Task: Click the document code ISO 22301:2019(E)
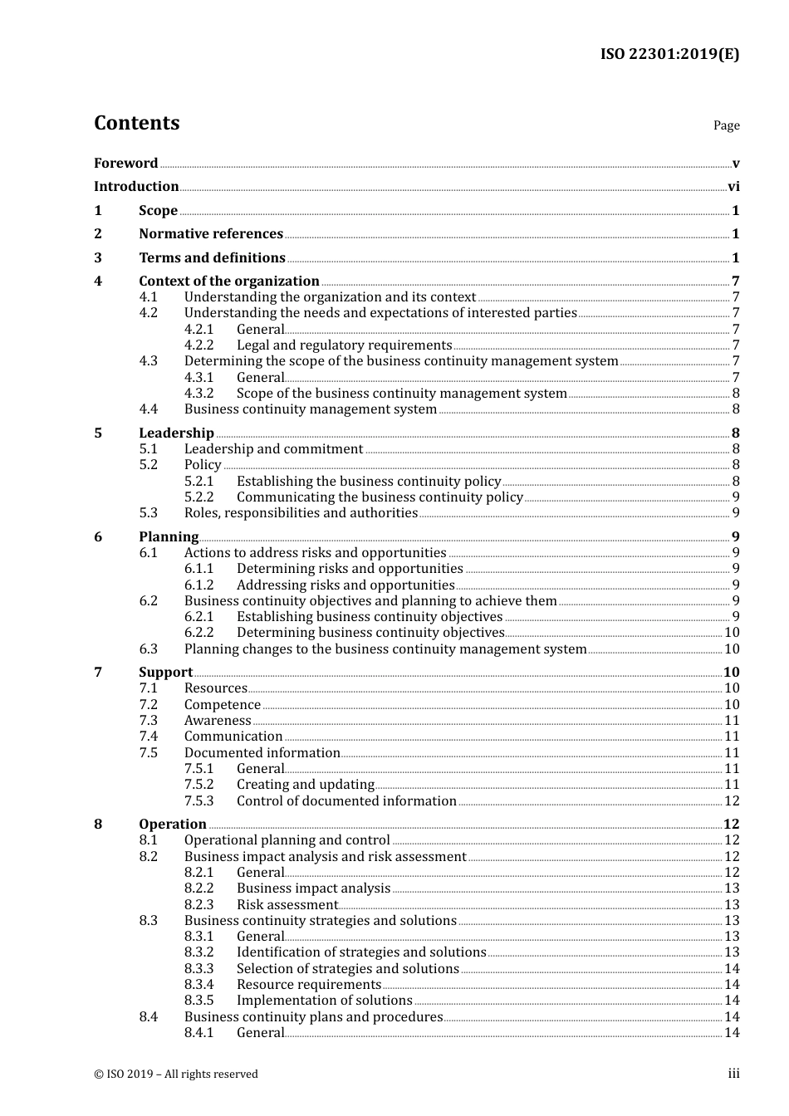pos(669,54)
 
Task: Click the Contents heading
pos(136,123)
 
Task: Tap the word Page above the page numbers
pos(726,125)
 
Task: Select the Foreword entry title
pos(125,163)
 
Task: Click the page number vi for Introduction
pos(733,187)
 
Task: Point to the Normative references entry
pos(211,234)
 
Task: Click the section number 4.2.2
pos(198,345)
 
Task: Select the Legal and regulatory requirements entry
pos(344,345)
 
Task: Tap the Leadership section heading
pos(176,433)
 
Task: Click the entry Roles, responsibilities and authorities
pos(301,513)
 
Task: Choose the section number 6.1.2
pos(198,585)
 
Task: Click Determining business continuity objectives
pos(370,633)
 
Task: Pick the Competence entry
pos(223,705)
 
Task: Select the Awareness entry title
pos(218,721)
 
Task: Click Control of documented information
pos(346,801)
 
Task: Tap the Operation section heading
pos(173,824)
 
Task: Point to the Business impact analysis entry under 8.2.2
pos(313,888)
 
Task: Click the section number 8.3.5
pos(198,1001)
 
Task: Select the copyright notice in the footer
pos(176,1074)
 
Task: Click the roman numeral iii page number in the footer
pos(733,1074)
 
